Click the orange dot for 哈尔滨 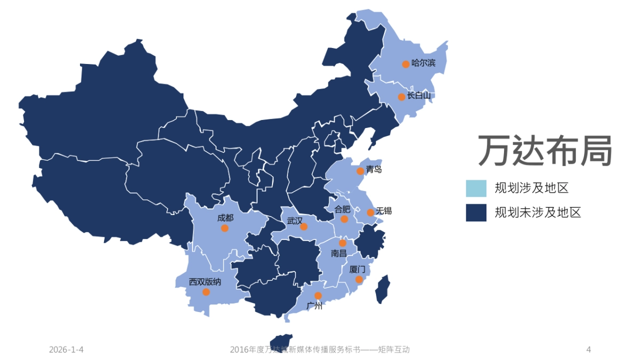coord(406,64)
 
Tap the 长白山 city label coord(419,95)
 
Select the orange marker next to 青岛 coord(361,171)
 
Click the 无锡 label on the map coord(383,211)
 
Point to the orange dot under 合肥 coord(345,219)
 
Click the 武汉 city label coord(294,220)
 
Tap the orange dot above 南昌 coord(343,243)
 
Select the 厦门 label coord(357,269)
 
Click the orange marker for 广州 coord(318,295)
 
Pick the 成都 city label coord(225,218)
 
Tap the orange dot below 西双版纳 coord(206,292)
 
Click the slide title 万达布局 coord(544,151)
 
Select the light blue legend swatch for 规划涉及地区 coord(476,188)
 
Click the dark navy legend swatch coord(476,212)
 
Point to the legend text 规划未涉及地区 coord(538,212)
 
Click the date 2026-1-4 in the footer coord(66,350)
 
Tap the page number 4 coord(588,350)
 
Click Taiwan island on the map coord(382,289)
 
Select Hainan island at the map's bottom coord(281,341)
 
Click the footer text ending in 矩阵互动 coord(320,350)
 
